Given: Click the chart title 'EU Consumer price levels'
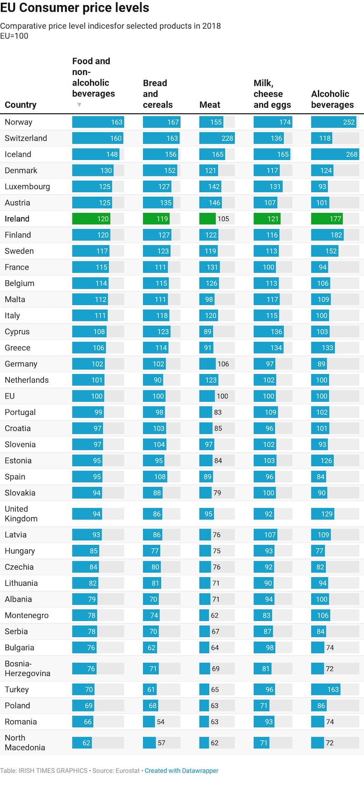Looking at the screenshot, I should tap(75, 8).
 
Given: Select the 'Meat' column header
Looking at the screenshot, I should tap(210, 105).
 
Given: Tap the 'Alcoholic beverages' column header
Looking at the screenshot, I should tap(332, 99).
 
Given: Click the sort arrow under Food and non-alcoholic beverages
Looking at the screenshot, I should tap(79, 105).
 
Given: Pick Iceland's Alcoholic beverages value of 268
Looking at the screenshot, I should tap(352, 155).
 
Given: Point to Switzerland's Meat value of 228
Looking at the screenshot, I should tap(227, 138).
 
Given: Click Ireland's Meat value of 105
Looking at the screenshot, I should tap(223, 219).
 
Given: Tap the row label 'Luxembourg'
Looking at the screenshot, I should tap(27, 186).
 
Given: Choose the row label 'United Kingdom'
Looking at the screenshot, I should tap(21, 514).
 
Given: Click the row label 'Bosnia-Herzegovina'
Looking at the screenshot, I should tap(27, 669).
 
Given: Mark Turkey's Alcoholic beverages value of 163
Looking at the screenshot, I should tap(333, 689).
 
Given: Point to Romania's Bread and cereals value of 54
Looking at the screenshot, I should tap(161, 722).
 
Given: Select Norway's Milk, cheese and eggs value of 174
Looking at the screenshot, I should tap(285, 122).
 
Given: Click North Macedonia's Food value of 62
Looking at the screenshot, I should tap(86, 743).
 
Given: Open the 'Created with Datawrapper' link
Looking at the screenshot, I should tap(182, 770).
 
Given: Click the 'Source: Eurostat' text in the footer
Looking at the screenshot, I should tap(116, 770).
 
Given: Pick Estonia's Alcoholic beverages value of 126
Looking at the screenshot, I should tap(326, 460).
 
